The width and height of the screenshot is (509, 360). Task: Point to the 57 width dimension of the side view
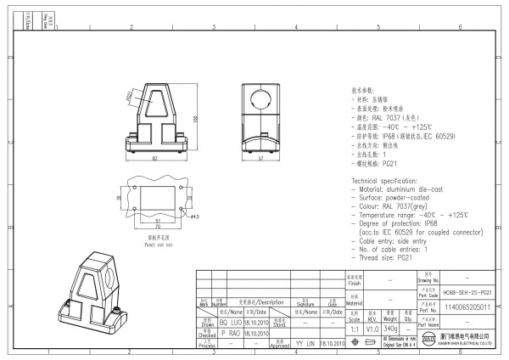pyautogui.click(x=260, y=159)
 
